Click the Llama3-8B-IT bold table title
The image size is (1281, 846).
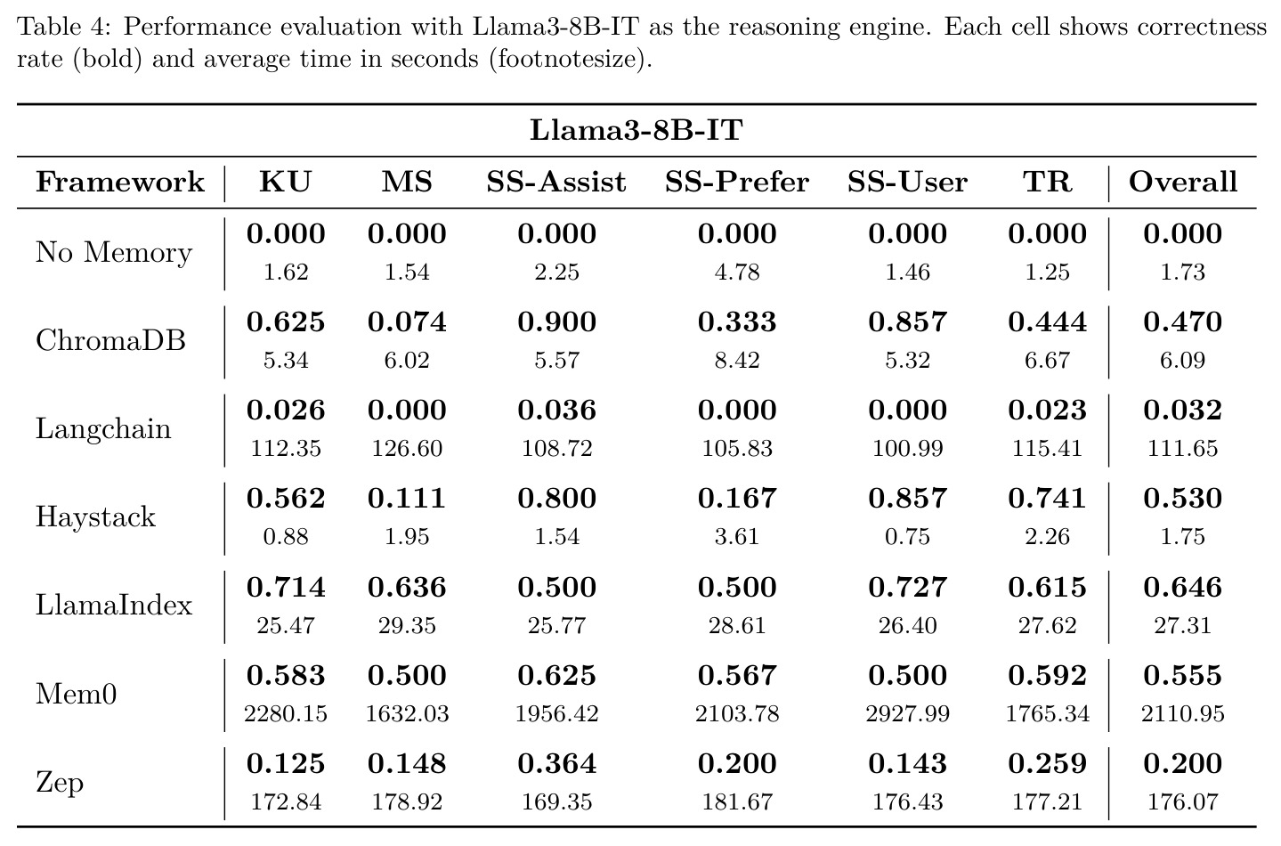(636, 130)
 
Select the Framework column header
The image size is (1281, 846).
(120, 182)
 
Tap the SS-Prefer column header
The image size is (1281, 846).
(736, 182)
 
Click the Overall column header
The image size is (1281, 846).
(1183, 182)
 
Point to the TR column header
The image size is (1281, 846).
(1047, 182)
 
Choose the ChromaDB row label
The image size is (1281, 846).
(110, 340)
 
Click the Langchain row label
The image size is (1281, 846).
(103, 428)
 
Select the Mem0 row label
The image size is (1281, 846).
(76, 694)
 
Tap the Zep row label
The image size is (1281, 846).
(60, 783)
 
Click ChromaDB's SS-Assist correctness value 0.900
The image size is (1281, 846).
(556, 322)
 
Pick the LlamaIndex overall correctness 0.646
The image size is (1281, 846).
(1183, 588)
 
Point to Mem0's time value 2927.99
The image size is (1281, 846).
(908, 714)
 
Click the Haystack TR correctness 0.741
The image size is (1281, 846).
(1047, 498)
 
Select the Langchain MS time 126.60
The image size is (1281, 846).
(407, 449)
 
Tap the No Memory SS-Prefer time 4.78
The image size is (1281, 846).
(736, 272)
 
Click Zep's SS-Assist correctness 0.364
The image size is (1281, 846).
(556, 764)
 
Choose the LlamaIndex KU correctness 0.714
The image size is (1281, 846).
(286, 588)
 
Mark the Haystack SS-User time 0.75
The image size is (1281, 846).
(908, 537)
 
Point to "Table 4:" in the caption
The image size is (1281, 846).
(64, 27)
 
